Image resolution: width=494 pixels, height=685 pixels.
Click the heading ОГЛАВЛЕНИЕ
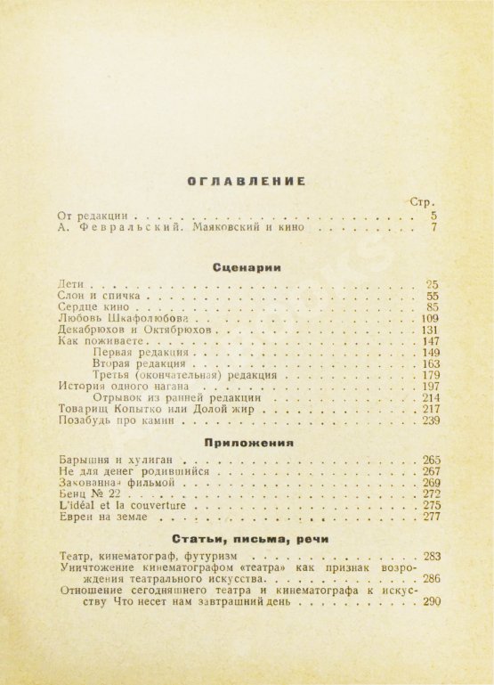(x=247, y=181)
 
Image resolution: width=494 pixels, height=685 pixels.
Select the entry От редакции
(x=93, y=215)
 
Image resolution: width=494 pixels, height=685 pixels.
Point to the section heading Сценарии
(x=247, y=265)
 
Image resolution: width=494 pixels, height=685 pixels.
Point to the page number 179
(x=429, y=375)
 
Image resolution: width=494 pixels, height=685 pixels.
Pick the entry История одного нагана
(x=119, y=387)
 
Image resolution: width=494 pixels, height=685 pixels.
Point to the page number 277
(x=432, y=517)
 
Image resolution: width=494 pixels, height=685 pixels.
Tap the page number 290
(x=432, y=603)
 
